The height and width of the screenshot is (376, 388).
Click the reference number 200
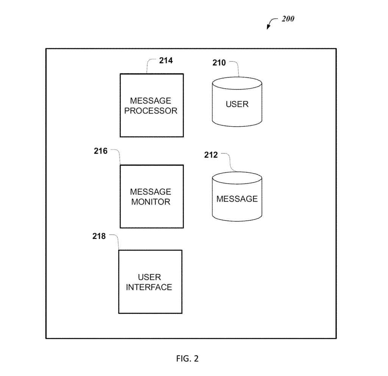point(288,19)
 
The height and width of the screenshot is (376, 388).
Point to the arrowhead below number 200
point(268,27)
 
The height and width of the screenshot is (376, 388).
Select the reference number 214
point(166,60)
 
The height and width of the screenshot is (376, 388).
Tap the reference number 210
point(219,62)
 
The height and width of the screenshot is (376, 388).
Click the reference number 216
point(100,151)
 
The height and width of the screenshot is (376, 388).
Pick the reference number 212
point(211,155)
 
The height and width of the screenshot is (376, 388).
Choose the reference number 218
point(99,236)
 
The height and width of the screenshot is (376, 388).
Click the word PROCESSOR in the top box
point(151,111)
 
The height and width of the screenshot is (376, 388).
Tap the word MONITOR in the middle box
point(151,202)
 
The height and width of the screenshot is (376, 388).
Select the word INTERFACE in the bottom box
point(149,287)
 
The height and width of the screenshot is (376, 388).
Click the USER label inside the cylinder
point(237,104)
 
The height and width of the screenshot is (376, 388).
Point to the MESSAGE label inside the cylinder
point(237,199)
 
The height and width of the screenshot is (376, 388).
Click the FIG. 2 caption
point(187,359)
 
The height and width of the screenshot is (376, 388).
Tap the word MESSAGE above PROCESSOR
point(151,101)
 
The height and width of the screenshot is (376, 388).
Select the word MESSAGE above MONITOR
point(151,192)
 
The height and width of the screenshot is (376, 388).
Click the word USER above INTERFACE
point(149,277)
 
